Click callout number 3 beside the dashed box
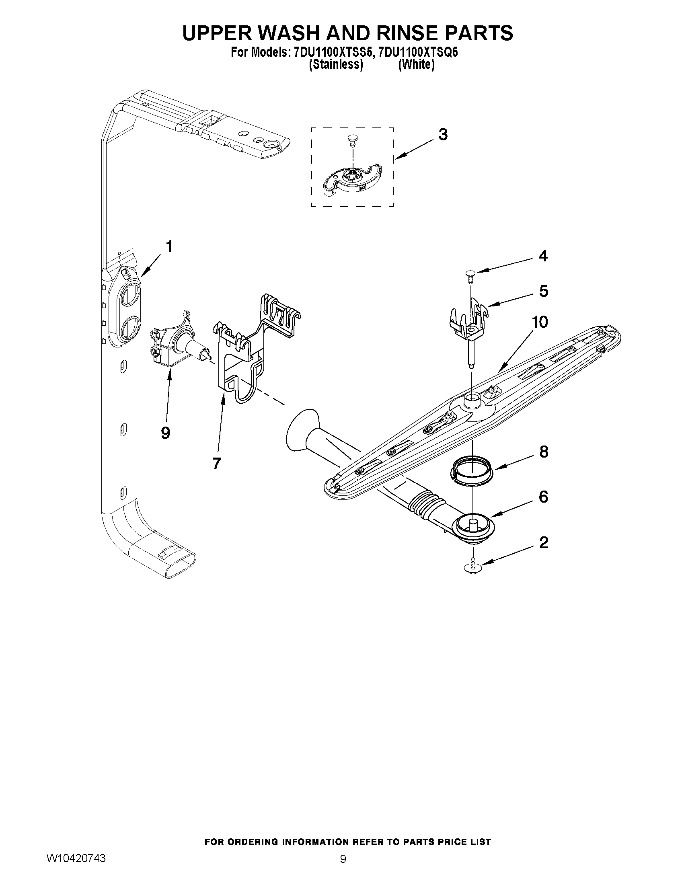point(443,135)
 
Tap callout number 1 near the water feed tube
point(169,246)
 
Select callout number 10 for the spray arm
point(540,322)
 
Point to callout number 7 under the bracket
point(217,463)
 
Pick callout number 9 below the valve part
point(165,433)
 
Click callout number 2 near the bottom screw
point(543,542)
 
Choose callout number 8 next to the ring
point(543,452)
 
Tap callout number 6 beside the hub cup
point(543,497)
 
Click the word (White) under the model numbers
point(416,64)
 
